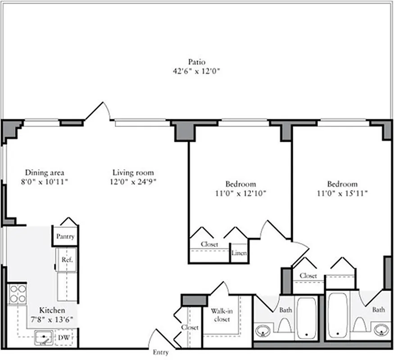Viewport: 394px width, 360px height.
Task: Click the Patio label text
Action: (x=197, y=62)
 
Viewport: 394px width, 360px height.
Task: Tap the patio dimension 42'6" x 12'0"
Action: (x=197, y=71)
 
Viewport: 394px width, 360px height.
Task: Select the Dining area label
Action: (x=45, y=172)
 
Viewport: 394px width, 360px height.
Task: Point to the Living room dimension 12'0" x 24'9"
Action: (x=133, y=181)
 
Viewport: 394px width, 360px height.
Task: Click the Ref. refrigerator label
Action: (x=67, y=260)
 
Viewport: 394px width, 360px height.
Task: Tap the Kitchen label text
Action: (x=52, y=310)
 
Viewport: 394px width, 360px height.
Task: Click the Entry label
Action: (x=161, y=352)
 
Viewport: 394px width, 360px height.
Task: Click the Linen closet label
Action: (x=239, y=253)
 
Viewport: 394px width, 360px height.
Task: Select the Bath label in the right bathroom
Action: (x=378, y=310)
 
